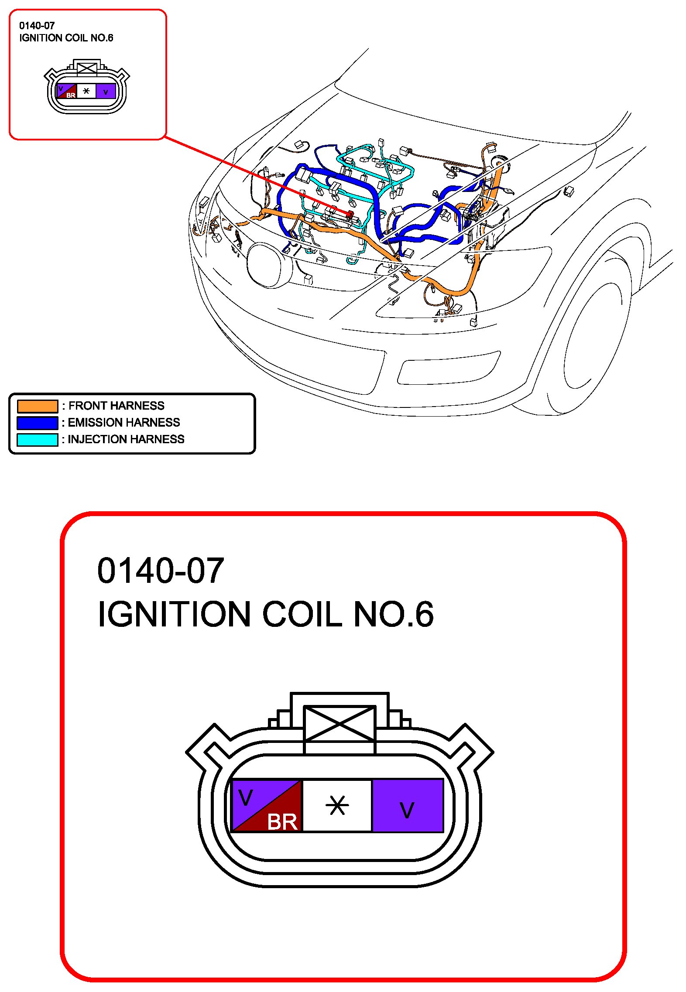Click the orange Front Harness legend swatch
pos(38,406)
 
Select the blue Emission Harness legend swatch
pos(38,423)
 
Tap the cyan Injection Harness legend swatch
pos(38,439)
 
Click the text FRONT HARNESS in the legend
pos(117,406)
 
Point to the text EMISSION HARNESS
pos(124,422)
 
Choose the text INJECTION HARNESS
pos(126,439)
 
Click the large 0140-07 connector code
pos(161,571)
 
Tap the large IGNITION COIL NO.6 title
pos(265,614)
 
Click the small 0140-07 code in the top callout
pos(37,26)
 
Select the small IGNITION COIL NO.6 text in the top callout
pos(66,38)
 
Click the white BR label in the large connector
pos(282,822)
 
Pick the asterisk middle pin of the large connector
pos(337,806)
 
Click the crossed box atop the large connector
pos(340,724)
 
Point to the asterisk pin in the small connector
pos(86,91)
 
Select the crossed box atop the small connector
pos(87,68)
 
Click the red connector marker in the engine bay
pos(350,214)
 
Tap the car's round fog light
pos(267,265)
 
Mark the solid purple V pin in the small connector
pos(106,92)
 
